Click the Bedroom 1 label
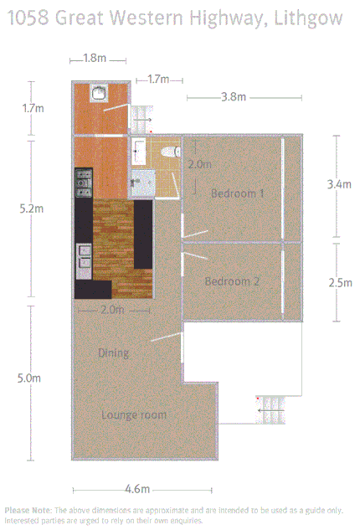tap(237, 193)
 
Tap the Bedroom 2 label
tap(231, 281)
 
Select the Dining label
tap(113, 352)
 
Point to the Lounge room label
tap(133, 414)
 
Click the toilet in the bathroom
tap(170, 152)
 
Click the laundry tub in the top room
tap(100, 93)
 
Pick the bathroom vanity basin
tap(138, 151)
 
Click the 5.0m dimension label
tap(29, 378)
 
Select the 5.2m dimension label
tap(29, 209)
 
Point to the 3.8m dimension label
tap(233, 97)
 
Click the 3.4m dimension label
tap(339, 185)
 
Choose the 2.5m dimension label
tap(339, 283)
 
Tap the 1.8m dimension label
tap(95, 59)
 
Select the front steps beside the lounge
tap(272, 410)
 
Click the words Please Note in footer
tap(28, 510)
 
